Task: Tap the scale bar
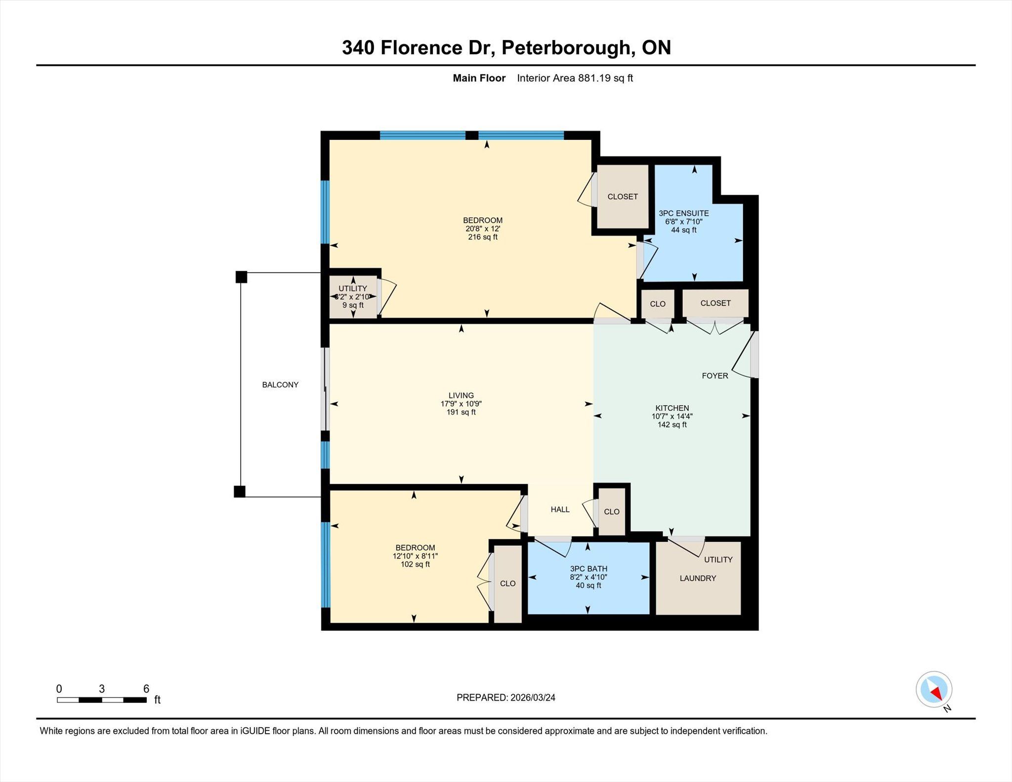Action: click(102, 700)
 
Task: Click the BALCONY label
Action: click(280, 385)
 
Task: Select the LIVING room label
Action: click(461, 395)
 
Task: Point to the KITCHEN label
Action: click(672, 408)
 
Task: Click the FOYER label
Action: click(715, 376)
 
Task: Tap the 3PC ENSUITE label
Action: click(684, 213)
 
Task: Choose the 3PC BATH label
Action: click(589, 569)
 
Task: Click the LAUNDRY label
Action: click(698, 578)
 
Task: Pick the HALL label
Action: click(560, 509)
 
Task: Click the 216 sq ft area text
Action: click(483, 237)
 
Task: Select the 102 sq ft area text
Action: click(415, 564)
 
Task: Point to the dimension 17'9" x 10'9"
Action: click(461, 404)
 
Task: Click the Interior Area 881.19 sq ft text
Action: click(575, 78)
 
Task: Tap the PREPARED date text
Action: click(506, 698)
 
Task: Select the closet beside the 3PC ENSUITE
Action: click(623, 197)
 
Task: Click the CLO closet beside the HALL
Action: click(612, 512)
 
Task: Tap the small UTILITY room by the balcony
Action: click(353, 296)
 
